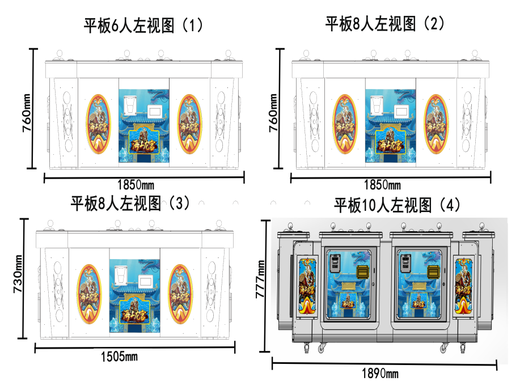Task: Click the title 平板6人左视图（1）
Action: click(x=143, y=26)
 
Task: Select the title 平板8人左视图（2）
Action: click(x=386, y=23)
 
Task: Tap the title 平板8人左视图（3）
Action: click(x=130, y=203)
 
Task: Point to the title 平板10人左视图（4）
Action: click(x=398, y=205)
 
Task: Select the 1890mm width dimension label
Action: click(x=379, y=373)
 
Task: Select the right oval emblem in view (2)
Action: click(x=437, y=124)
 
